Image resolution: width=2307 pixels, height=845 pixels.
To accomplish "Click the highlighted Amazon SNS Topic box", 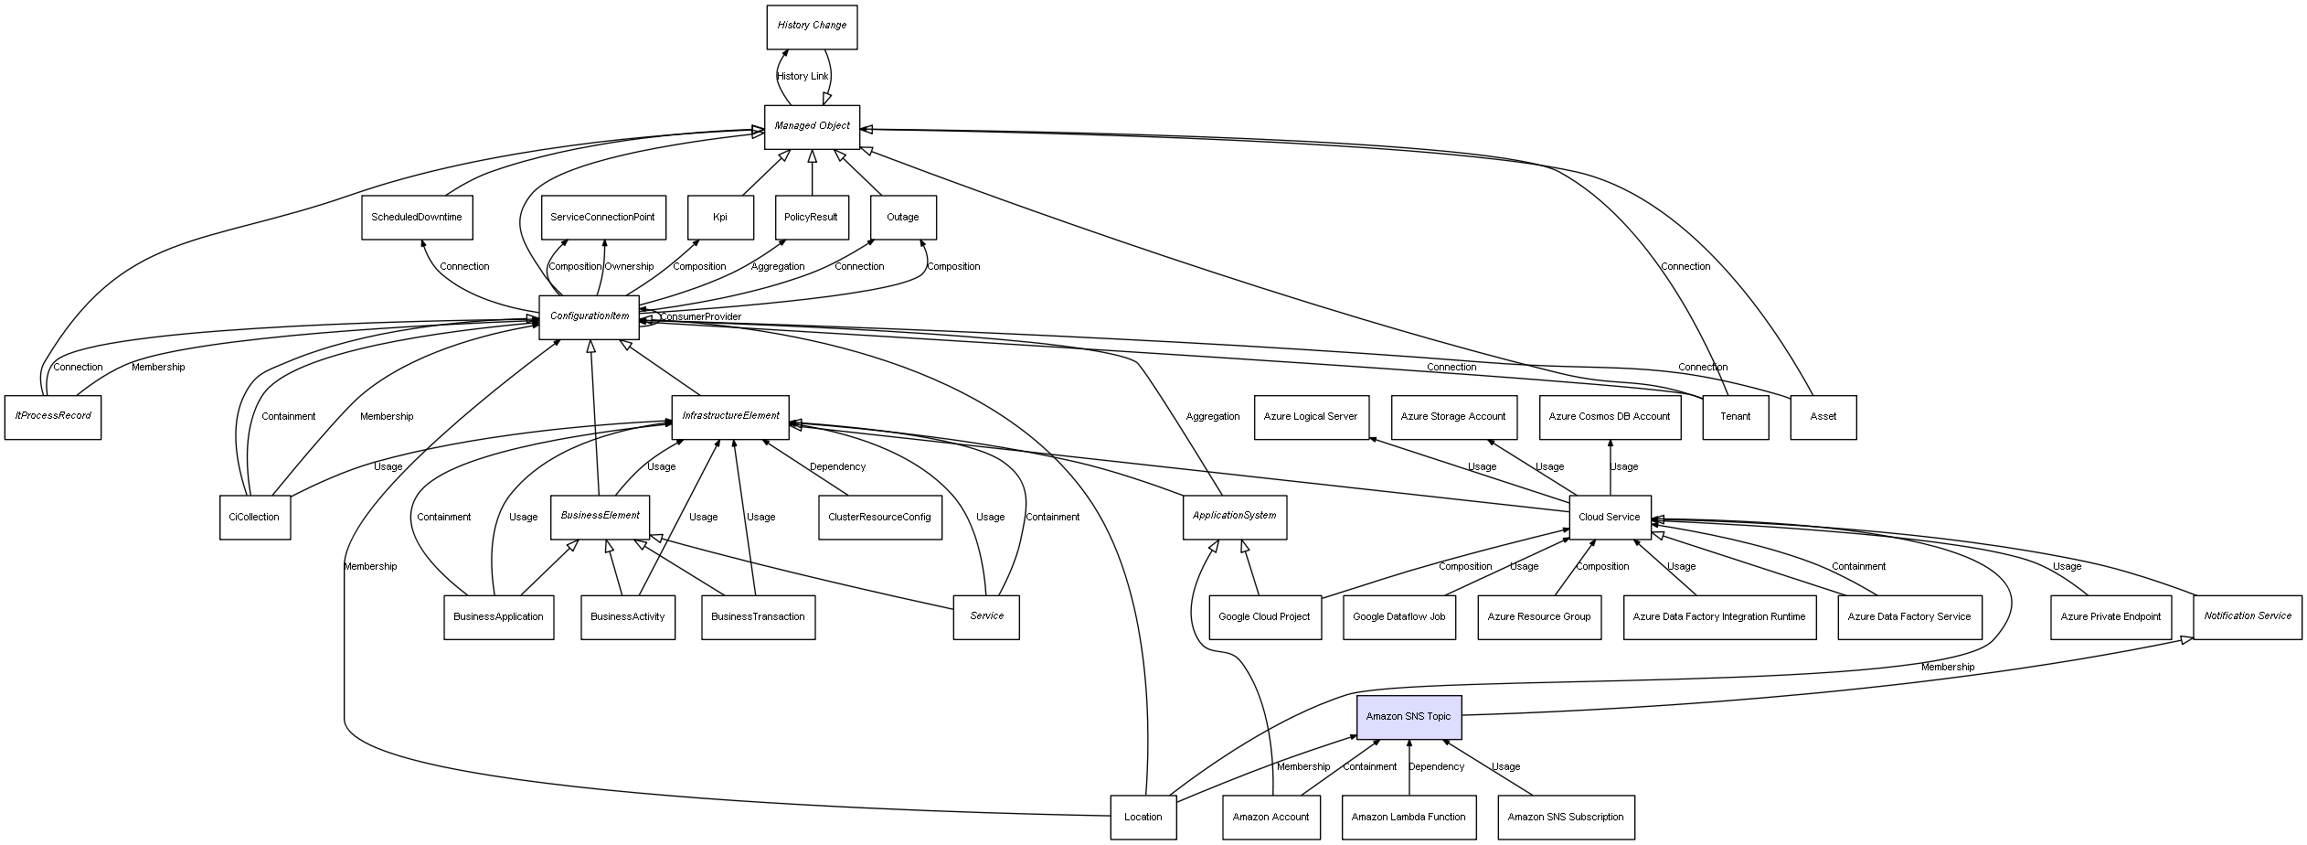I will (x=1409, y=717).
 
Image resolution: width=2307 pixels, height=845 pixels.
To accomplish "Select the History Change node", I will (x=812, y=27).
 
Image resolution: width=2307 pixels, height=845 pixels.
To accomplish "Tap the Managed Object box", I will (x=812, y=126).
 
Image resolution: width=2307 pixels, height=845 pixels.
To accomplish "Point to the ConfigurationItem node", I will (x=590, y=317).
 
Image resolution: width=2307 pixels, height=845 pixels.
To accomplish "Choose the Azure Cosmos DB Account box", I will (x=1610, y=417).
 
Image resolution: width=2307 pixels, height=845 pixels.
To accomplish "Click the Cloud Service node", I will (x=1610, y=518).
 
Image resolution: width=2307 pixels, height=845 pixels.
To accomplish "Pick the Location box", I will (x=1143, y=818).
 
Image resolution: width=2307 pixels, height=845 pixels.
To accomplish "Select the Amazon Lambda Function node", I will (x=1409, y=818).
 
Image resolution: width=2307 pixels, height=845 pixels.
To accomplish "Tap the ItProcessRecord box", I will (x=53, y=417).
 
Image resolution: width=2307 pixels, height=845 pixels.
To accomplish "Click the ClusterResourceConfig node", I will (x=879, y=518).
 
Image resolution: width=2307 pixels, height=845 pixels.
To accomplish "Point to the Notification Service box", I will (x=2248, y=617).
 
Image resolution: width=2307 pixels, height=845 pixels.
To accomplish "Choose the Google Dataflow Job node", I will (x=1398, y=617).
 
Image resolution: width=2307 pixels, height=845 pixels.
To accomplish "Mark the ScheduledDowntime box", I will (x=417, y=218).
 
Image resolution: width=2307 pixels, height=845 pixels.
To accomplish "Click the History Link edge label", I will (x=803, y=77).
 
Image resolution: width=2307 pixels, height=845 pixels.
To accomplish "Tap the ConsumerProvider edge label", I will (x=701, y=317).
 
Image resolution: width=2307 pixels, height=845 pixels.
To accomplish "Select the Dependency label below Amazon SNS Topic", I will (x=1436, y=767).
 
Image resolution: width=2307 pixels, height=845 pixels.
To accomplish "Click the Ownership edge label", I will (x=629, y=267).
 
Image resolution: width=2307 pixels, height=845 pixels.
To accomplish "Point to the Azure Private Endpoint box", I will (x=2110, y=617).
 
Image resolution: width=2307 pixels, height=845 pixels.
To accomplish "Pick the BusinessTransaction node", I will (x=758, y=617).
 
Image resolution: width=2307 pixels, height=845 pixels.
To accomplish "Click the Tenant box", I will (x=1735, y=417).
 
